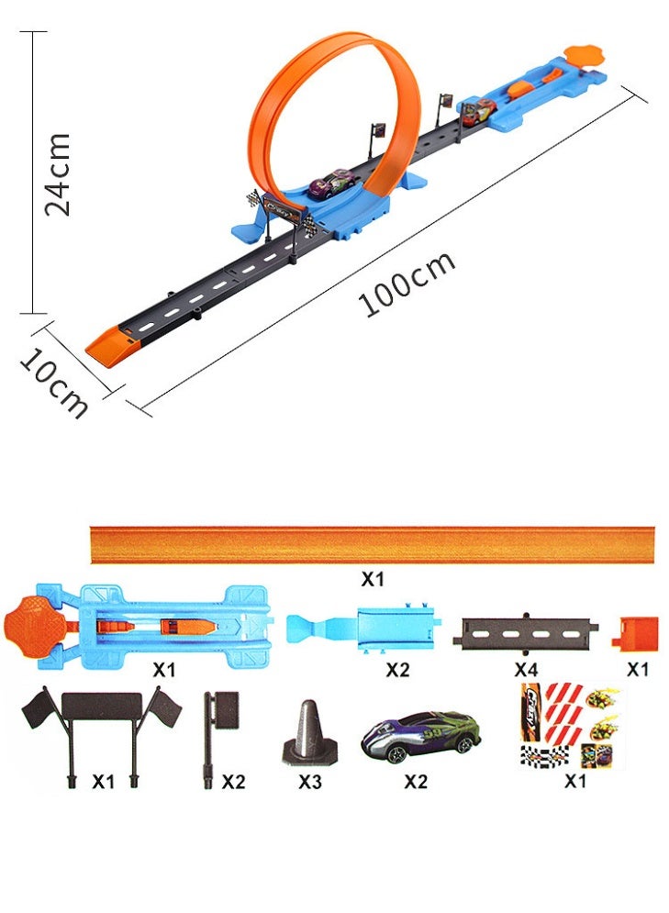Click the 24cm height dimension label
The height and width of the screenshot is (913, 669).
pos(58,174)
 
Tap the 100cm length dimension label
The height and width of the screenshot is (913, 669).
pos(407,284)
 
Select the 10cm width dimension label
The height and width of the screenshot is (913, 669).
pos(53,384)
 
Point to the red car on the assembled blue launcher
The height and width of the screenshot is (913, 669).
pos(480,111)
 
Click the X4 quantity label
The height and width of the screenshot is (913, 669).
pos(526,670)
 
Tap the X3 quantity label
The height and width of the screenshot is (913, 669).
pos(310,782)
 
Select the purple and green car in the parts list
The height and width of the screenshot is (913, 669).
pos(421,736)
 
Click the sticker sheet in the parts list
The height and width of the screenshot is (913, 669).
pos(571,726)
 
